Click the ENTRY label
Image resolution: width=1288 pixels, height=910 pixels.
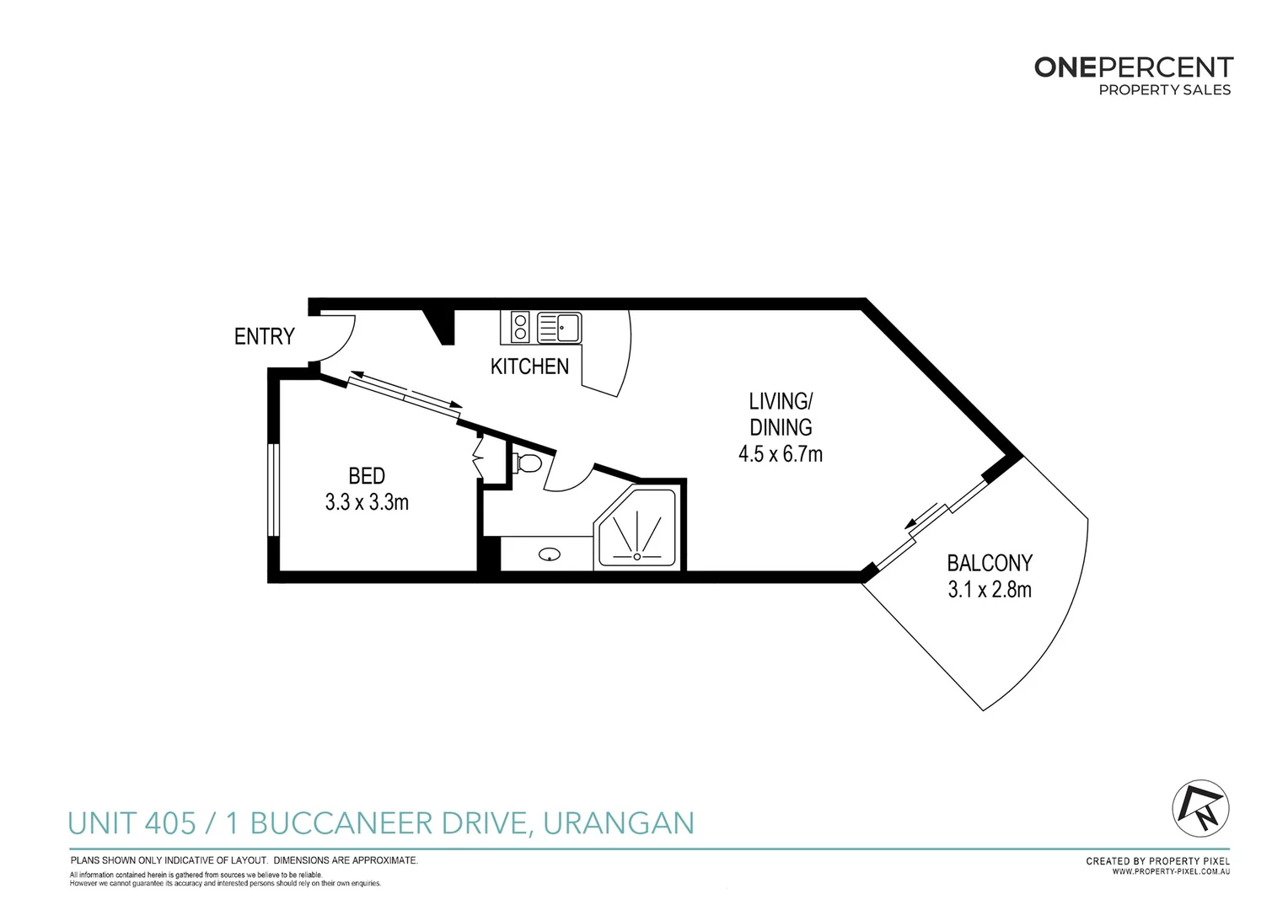[x=264, y=336]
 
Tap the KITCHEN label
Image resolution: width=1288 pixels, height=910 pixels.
[x=529, y=367]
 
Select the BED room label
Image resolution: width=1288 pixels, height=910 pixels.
[x=367, y=476]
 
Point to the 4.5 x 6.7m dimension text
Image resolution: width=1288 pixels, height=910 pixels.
[x=780, y=454]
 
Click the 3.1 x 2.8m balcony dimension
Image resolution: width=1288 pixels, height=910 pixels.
[x=989, y=590]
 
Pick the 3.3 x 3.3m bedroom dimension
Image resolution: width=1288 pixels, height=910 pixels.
[x=367, y=503]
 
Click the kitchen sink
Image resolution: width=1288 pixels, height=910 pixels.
[x=559, y=327]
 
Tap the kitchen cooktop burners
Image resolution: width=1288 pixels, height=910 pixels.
[x=520, y=327]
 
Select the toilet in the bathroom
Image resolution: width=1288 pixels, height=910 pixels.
[x=527, y=463]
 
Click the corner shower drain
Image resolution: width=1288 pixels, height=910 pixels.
[x=636, y=556]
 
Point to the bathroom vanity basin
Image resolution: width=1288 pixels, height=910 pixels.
[x=550, y=554]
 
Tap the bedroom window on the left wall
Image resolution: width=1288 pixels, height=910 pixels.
[x=273, y=490]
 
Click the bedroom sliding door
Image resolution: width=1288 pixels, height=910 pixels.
[x=405, y=394]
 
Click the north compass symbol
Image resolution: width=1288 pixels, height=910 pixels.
[x=1200, y=807]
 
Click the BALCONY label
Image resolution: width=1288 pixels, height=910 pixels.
[x=989, y=563]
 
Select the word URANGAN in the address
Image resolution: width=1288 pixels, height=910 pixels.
[x=618, y=823]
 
